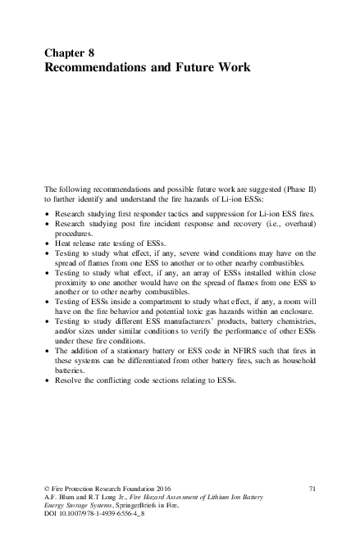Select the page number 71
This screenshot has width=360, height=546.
[312, 488]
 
